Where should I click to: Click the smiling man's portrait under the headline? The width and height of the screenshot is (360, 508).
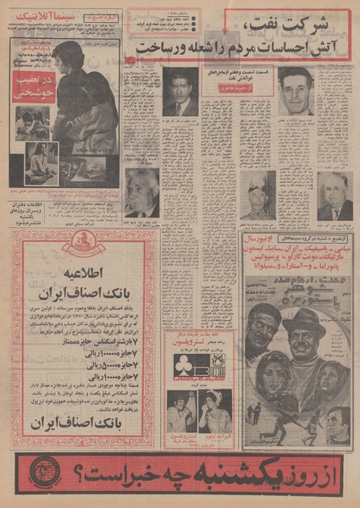[295, 90]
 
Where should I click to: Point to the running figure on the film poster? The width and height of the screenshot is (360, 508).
[257, 412]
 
